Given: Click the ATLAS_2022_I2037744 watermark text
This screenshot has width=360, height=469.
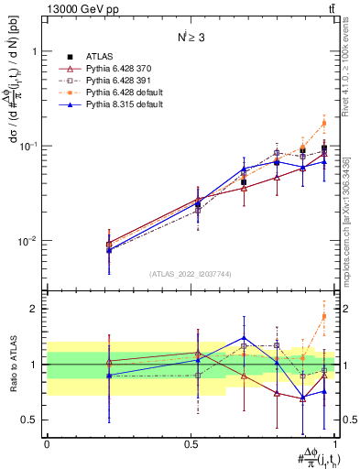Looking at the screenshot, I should coord(191,274).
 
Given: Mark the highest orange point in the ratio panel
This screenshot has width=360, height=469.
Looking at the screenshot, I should coord(323,317).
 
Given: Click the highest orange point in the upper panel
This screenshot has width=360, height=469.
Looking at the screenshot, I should coord(323,123).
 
